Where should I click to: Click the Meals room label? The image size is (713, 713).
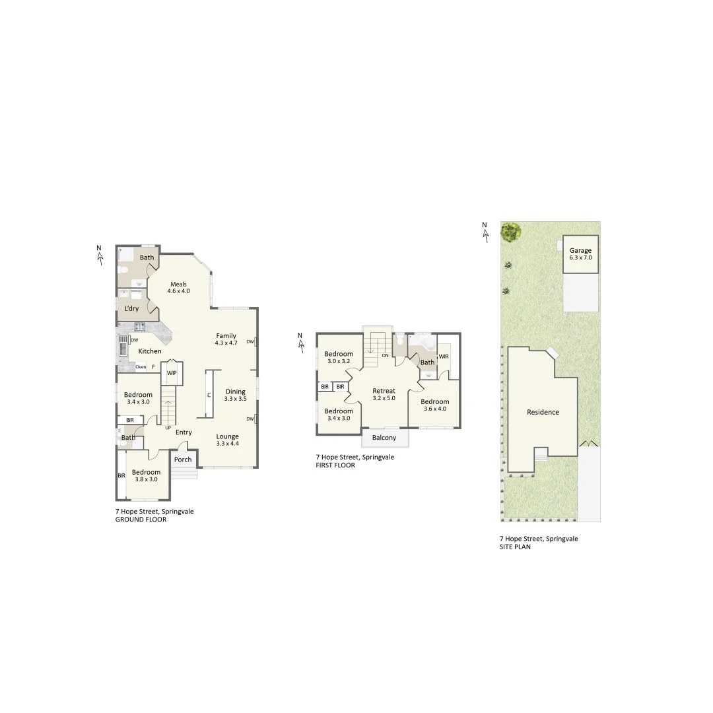[178, 288]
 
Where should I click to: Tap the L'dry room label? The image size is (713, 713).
[131, 309]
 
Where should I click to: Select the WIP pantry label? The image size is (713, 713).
[172, 373]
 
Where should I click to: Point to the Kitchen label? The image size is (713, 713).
[150, 351]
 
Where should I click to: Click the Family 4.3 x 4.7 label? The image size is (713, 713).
[226, 339]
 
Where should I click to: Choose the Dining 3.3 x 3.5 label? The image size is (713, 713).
[235, 395]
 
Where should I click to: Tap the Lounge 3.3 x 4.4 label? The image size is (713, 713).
[228, 440]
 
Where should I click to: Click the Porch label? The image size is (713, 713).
[183, 459]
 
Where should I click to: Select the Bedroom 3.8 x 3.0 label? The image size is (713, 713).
[146, 475]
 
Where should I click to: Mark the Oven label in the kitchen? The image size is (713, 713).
[141, 367]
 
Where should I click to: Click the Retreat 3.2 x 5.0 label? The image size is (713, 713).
[384, 394]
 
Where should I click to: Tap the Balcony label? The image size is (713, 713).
[384, 438]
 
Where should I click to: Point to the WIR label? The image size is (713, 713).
[444, 356]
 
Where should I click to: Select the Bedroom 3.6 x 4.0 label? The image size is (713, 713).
[435, 405]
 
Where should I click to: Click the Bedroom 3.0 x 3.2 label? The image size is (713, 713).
[339, 357]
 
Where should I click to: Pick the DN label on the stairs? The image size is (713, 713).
[384, 355]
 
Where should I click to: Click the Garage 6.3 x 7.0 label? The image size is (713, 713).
[580, 254]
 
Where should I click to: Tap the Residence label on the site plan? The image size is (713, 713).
[543, 412]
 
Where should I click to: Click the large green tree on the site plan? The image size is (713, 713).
[510, 231]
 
